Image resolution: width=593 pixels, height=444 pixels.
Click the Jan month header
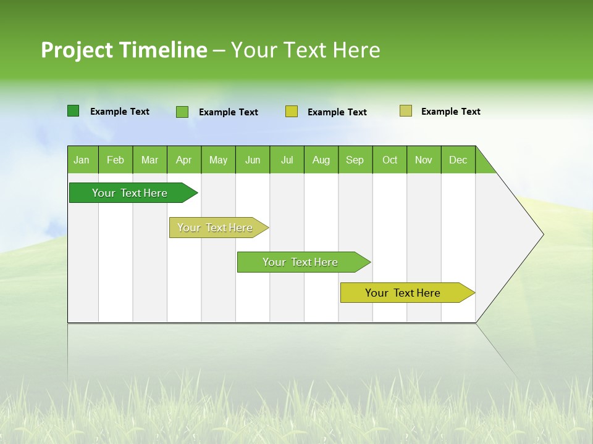pos(82,160)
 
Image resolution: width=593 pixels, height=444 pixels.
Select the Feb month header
pos(116,160)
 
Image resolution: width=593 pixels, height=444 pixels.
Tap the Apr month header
pos(184,160)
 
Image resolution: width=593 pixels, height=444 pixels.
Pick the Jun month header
pos(253,160)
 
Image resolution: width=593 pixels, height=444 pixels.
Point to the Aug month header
pos(321,160)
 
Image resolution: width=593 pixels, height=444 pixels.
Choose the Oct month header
pos(390,160)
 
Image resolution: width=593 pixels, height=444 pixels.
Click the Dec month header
pos(458,160)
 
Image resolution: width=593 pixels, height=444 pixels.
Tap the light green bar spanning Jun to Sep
pos(301,262)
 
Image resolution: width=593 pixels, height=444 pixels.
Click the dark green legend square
pos(74,111)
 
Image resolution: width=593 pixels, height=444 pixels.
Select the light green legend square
pos(182,112)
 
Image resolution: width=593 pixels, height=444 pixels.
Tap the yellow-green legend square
pos(292,112)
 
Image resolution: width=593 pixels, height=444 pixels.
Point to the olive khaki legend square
pos(406,111)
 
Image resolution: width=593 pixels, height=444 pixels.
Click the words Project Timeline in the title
pos(124,50)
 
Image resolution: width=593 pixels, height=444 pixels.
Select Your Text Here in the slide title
pos(306,50)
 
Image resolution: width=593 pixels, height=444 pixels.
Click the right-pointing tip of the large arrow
pos(541,234)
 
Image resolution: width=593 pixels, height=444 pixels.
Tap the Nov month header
pos(424,160)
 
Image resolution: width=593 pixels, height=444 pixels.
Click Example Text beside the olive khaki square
pos(450,112)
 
